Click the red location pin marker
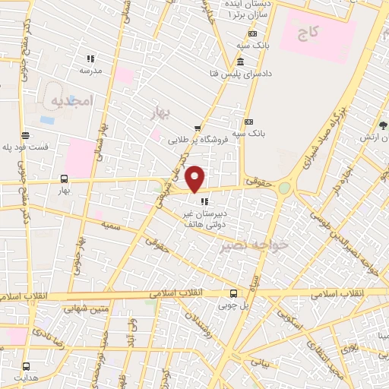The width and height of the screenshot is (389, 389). [x=195, y=179]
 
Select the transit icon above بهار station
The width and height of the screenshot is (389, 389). [x=63, y=179]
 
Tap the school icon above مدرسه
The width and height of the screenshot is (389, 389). [x=90, y=59]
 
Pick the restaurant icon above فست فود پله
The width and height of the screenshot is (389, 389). [x=26, y=135]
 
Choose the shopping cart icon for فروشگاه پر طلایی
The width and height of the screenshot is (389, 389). [x=198, y=128]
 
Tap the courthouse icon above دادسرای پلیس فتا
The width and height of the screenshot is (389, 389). [x=240, y=62]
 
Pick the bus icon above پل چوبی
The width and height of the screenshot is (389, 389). [x=233, y=293]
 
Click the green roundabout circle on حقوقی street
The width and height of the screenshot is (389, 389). [x=284, y=187]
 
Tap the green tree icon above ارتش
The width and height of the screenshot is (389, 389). [x=383, y=125]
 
